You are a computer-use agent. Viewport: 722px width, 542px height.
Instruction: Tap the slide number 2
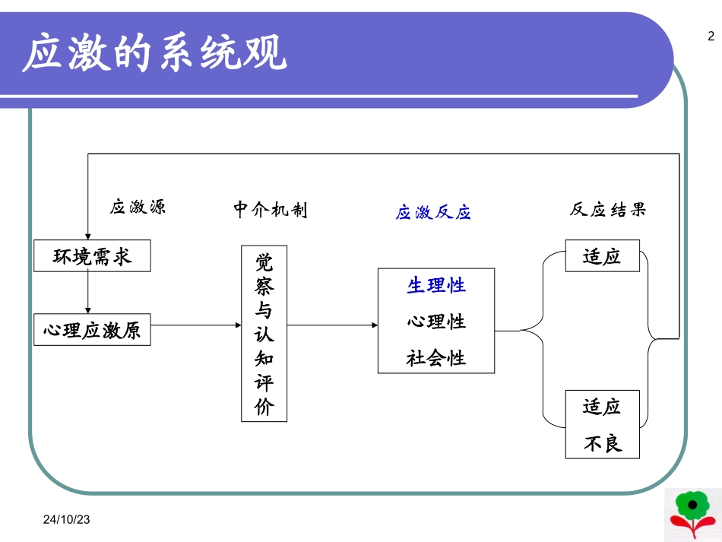pos(711,36)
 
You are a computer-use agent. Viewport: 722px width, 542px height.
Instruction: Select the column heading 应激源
pos(138,208)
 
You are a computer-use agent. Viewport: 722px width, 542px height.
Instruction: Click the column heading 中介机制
pos(271,210)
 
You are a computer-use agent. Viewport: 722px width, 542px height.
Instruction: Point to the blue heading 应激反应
pos(433,213)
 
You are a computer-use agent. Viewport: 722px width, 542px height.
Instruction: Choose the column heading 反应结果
pos(608,210)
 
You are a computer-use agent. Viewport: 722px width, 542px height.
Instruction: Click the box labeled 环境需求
pos(92,256)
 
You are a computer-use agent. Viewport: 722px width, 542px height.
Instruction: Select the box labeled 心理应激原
pos(92,331)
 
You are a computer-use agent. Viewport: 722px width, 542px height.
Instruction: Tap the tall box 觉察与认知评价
pos(264,334)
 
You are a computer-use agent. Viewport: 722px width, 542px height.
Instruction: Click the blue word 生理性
pos(436,285)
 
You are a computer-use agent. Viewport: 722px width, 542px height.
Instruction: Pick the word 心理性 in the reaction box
pos(436,322)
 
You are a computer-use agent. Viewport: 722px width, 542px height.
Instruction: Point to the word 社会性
pos(436,357)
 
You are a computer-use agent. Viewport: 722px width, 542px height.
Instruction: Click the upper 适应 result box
pos(602,256)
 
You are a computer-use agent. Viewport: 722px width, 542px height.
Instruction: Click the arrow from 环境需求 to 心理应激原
pos(89,293)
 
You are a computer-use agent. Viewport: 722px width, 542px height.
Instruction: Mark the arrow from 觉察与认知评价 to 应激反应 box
pos(332,325)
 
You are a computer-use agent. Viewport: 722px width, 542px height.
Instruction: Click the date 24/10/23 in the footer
pos(67,520)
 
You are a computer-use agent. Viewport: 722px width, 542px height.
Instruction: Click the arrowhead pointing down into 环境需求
pos(89,236)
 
